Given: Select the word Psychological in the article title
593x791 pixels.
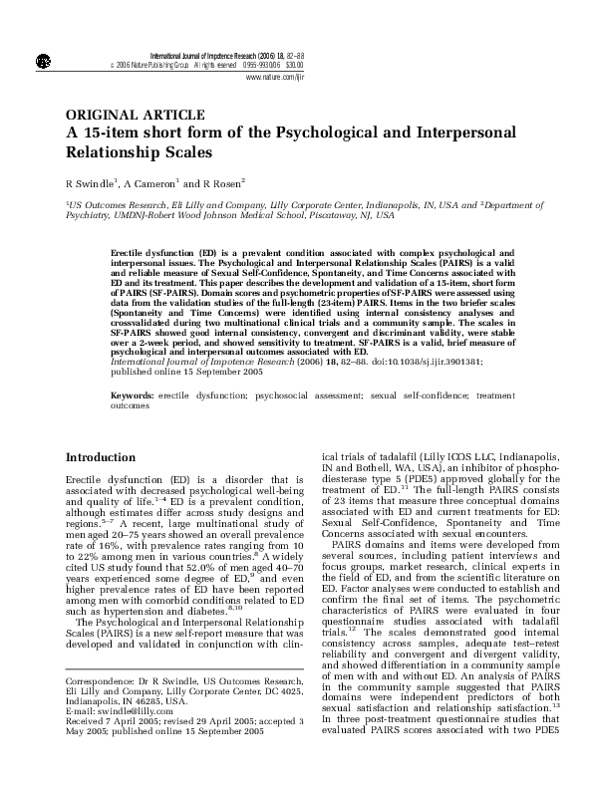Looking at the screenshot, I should (x=326, y=133).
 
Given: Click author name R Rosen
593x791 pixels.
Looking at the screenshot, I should (x=215, y=185).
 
